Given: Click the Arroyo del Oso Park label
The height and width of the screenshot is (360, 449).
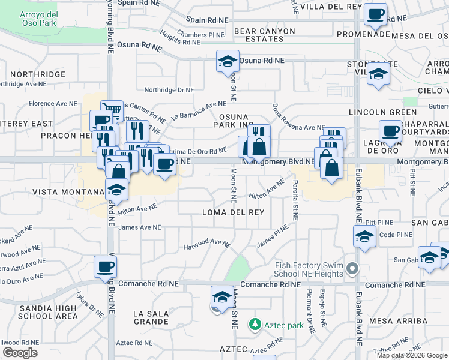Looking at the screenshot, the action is click(x=38, y=19).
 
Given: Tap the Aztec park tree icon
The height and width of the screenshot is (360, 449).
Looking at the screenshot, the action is click(x=256, y=324).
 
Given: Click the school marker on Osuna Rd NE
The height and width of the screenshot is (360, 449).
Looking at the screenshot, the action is click(x=228, y=61).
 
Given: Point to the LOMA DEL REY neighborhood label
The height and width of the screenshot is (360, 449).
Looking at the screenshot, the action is click(x=233, y=212).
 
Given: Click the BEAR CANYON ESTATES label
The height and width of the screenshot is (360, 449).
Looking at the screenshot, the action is click(x=265, y=35).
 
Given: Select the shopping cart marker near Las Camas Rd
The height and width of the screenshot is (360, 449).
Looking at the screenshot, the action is click(x=112, y=111).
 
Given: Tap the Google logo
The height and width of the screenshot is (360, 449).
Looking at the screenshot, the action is click(x=20, y=353).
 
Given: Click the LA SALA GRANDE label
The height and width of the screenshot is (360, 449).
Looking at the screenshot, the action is click(x=151, y=318).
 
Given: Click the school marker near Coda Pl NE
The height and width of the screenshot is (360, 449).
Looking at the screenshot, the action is click(x=364, y=236).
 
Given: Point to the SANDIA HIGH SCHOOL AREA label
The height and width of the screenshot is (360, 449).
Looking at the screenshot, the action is click(x=49, y=312).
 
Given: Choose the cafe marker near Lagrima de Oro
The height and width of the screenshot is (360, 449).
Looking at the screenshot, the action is click(x=390, y=131).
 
